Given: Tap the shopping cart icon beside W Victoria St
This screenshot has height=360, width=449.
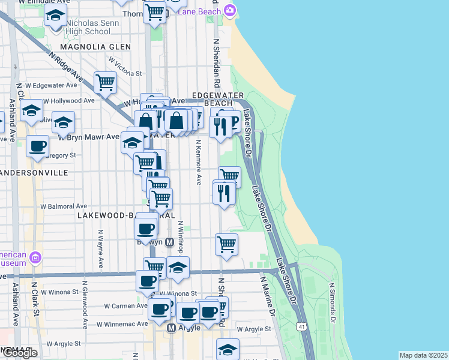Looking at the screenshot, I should pyautogui.click(x=106, y=82).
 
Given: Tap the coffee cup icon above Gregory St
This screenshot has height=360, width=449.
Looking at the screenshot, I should pyautogui.click(x=38, y=146).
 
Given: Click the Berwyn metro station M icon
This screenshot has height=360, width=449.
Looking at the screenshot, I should pyautogui.click(x=169, y=242).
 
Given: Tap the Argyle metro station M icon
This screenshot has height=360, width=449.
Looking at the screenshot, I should pyautogui.click(x=171, y=328).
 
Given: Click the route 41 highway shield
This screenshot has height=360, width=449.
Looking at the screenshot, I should pyautogui.click(x=301, y=325).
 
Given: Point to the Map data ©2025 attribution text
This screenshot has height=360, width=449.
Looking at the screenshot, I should pyautogui.click(x=423, y=355).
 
